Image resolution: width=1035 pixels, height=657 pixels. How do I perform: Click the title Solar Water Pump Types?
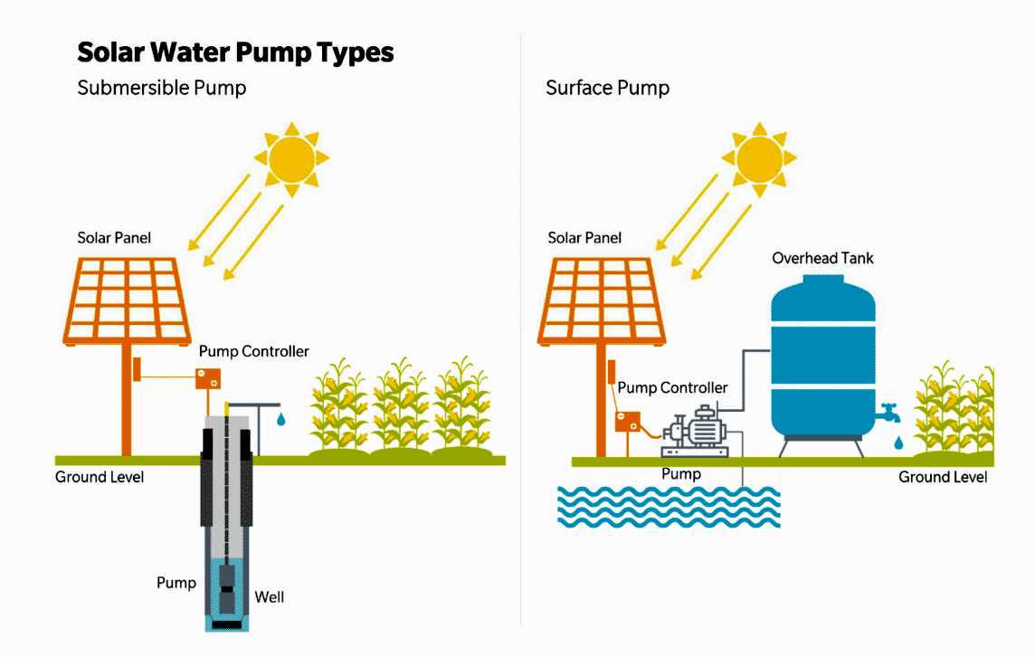[235, 52]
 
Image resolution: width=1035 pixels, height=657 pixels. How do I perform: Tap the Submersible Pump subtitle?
[162, 88]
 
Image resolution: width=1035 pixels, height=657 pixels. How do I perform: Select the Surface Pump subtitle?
[607, 88]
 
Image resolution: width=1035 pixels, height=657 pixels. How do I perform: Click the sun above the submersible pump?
[291, 159]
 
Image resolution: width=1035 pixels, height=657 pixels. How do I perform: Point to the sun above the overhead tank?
[759, 159]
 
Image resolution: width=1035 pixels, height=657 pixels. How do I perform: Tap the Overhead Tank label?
[822, 258]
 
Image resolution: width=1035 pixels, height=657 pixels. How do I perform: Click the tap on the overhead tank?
[888, 413]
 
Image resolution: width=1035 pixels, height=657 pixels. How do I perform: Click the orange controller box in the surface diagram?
[628, 422]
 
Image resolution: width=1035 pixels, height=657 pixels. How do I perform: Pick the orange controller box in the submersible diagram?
[208, 378]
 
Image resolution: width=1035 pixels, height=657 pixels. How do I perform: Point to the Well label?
[270, 597]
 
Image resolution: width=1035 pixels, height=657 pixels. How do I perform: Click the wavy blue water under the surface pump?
[669, 507]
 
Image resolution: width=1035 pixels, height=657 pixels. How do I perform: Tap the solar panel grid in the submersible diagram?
[128, 300]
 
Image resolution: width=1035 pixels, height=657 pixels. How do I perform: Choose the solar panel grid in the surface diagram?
[602, 300]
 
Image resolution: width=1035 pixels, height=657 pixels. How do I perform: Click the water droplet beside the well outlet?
[281, 419]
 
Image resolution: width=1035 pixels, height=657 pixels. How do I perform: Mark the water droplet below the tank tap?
[898, 443]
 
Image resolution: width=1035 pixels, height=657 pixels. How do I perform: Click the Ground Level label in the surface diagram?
[943, 477]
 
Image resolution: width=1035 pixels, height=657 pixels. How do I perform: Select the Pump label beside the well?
[176, 583]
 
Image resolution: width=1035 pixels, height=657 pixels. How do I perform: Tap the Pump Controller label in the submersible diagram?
[253, 351]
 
